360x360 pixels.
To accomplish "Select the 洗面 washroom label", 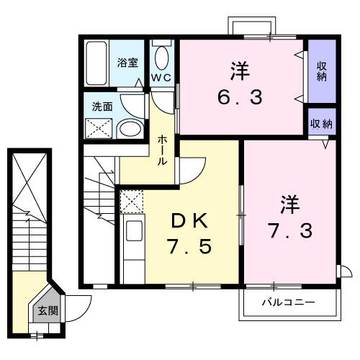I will point(102,107).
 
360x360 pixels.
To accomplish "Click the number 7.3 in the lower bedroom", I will point(288,232).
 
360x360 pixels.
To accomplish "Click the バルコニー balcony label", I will point(287,302).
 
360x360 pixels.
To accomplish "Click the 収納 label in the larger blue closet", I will point(322,71).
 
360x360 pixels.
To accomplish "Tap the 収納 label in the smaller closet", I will point(322,124).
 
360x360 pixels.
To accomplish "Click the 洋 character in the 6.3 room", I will point(240,72).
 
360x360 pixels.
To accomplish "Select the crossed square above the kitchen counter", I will point(132,202).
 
